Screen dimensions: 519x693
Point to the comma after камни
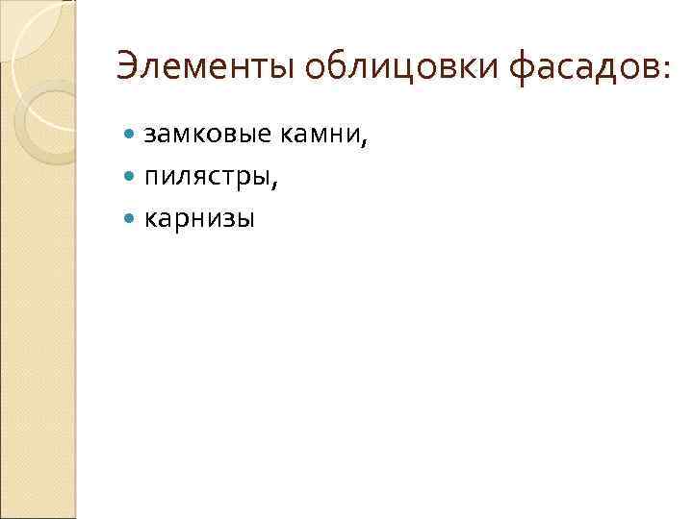[365, 144]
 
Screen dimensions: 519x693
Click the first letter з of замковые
[150, 137]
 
